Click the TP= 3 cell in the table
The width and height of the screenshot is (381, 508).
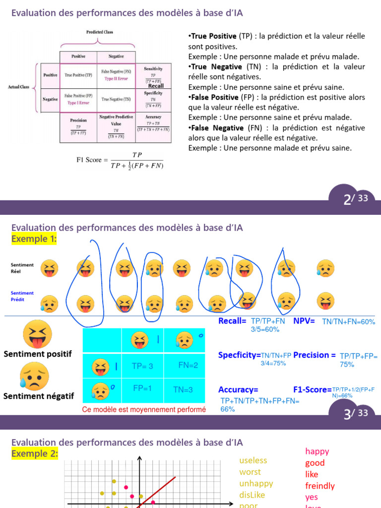(x=143, y=366)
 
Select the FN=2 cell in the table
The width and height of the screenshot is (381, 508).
(x=188, y=365)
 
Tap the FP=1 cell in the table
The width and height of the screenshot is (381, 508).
(x=143, y=388)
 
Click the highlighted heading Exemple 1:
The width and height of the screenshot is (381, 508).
(x=34, y=239)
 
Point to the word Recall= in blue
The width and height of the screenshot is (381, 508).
(x=233, y=321)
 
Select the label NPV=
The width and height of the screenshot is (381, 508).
(x=304, y=321)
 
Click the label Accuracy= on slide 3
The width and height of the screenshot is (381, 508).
(x=238, y=389)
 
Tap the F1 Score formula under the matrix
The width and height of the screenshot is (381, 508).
(x=120, y=160)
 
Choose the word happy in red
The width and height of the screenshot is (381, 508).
(x=317, y=451)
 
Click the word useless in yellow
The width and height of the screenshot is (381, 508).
(x=253, y=460)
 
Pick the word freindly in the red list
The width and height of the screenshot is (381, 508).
(x=320, y=486)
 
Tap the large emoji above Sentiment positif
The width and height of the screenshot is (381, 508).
(x=37, y=333)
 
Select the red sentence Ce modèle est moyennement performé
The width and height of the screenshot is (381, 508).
(x=144, y=410)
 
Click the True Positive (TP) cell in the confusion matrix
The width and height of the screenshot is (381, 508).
(x=78, y=75)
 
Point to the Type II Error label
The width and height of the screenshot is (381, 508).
(x=116, y=78)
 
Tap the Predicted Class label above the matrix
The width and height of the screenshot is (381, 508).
(x=100, y=32)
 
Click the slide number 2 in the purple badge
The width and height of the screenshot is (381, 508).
(x=347, y=200)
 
